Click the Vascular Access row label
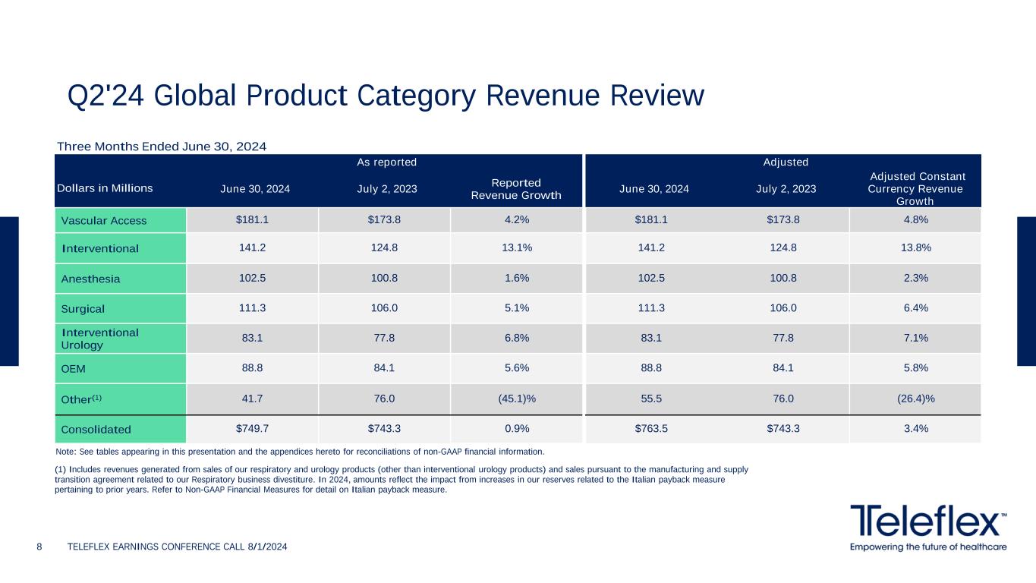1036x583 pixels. [x=103, y=221]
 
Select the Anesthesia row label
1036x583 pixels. [x=90, y=279]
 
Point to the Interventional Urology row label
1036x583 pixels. [x=99, y=339]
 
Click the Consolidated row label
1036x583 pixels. [x=96, y=429]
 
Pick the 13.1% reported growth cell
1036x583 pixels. [x=516, y=247]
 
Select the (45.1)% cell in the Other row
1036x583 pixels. [x=516, y=399]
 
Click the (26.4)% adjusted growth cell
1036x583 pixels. [x=915, y=399]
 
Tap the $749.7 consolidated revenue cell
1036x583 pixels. [x=252, y=428]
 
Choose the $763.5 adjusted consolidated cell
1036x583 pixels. [x=651, y=428]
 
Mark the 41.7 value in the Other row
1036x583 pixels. [x=252, y=399]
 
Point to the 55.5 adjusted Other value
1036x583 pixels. [x=651, y=399]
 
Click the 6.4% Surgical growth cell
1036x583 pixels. [x=915, y=308]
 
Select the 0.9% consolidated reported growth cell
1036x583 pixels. [x=516, y=428]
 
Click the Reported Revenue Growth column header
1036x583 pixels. [x=516, y=189]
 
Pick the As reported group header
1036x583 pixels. [x=386, y=162]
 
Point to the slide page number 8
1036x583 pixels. [x=39, y=547]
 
